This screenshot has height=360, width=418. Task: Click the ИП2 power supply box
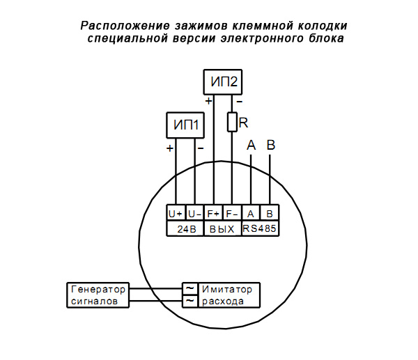pyautogui.click(x=223, y=82)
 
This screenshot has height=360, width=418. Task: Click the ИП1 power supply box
pyautogui.click(x=185, y=125)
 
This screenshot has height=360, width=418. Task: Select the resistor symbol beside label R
pyautogui.click(x=233, y=123)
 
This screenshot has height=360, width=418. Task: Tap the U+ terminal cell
pyautogui.click(x=176, y=214)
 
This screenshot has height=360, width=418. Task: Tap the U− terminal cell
pyautogui.click(x=194, y=214)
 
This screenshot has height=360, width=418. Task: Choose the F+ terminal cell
pyautogui.click(x=213, y=214)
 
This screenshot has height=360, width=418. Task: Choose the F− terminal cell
pyautogui.click(x=232, y=214)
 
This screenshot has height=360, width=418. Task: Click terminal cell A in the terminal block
pyautogui.click(x=251, y=214)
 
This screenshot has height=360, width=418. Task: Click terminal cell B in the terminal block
pyautogui.click(x=270, y=214)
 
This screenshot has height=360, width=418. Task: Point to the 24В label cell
pyautogui.click(x=185, y=228)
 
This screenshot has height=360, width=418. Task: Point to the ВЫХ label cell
pyautogui.click(x=222, y=228)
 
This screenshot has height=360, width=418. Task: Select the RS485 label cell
pyautogui.click(x=261, y=228)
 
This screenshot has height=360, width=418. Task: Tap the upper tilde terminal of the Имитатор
pyautogui.click(x=189, y=288)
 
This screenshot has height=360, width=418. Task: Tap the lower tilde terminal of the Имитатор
pyautogui.click(x=189, y=301)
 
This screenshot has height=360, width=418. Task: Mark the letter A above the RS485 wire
pyautogui.click(x=251, y=145)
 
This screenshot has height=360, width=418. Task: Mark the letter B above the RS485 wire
pyautogui.click(x=271, y=145)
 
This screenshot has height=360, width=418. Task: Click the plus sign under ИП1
pyautogui.click(x=170, y=148)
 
